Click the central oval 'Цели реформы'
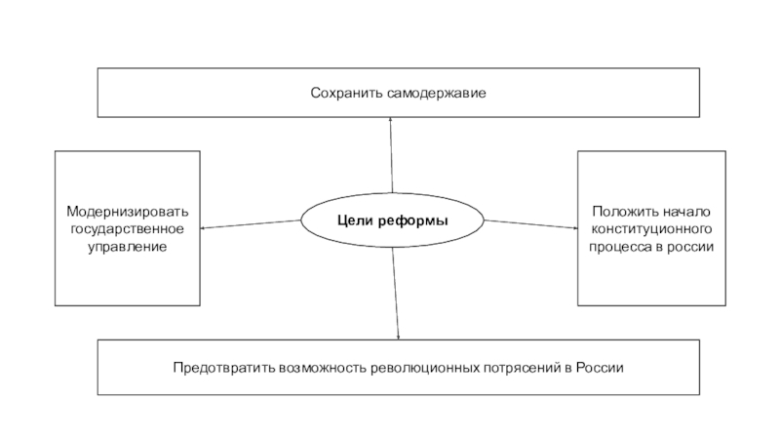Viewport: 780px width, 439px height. coord(392,221)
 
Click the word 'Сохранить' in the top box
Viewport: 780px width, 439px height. coord(344,93)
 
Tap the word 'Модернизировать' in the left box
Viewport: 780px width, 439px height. coord(128,212)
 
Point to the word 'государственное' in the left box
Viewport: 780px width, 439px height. coord(127,229)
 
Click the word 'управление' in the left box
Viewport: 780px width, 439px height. coord(128,247)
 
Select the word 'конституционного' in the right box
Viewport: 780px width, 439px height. coord(652,229)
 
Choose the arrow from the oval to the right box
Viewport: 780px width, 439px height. coord(530,224)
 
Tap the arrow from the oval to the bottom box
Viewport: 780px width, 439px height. coord(396,293)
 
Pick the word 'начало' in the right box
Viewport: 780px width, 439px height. coord(687,212)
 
